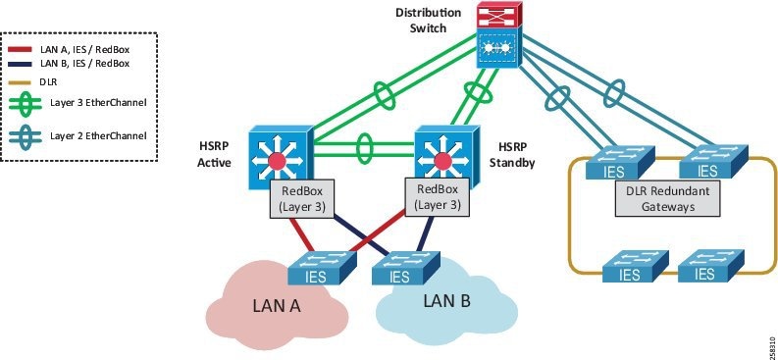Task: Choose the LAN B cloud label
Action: (446, 300)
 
